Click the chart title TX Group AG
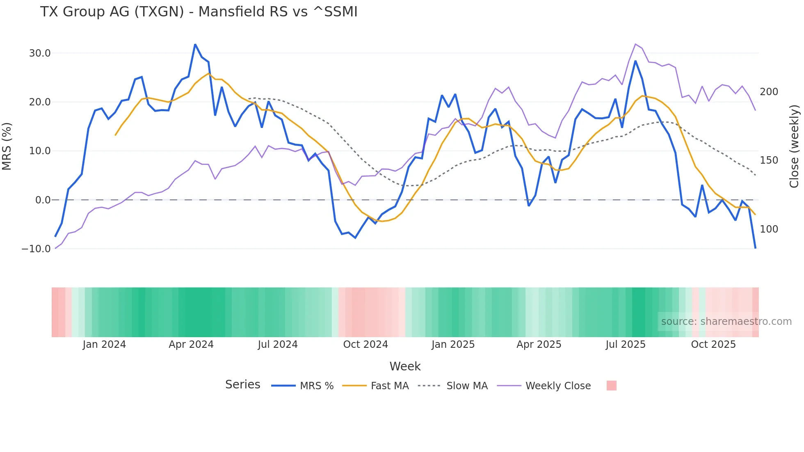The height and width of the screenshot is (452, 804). [x=199, y=12]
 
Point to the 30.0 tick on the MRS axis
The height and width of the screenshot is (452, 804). [x=40, y=53]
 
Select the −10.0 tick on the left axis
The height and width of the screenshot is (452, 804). [x=36, y=249]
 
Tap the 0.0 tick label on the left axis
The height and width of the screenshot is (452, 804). [x=43, y=200]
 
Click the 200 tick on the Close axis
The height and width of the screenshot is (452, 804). [x=769, y=92]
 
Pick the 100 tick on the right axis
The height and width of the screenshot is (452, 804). [x=769, y=229]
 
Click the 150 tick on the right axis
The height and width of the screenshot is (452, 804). [x=769, y=160]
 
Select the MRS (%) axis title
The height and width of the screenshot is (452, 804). [x=7, y=146]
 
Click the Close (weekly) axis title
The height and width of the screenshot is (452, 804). [x=794, y=146]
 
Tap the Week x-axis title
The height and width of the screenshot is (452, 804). [x=405, y=366]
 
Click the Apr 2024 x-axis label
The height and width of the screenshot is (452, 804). [x=191, y=345]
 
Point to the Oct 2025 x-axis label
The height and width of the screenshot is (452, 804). [x=713, y=345]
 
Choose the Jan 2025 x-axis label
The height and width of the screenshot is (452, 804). [x=453, y=345]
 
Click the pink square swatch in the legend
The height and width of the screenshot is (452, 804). [x=611, y=386]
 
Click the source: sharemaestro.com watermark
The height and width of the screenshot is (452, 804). [x=726, y=322]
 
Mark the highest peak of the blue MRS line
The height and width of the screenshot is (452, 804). [x=195, y=44]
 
